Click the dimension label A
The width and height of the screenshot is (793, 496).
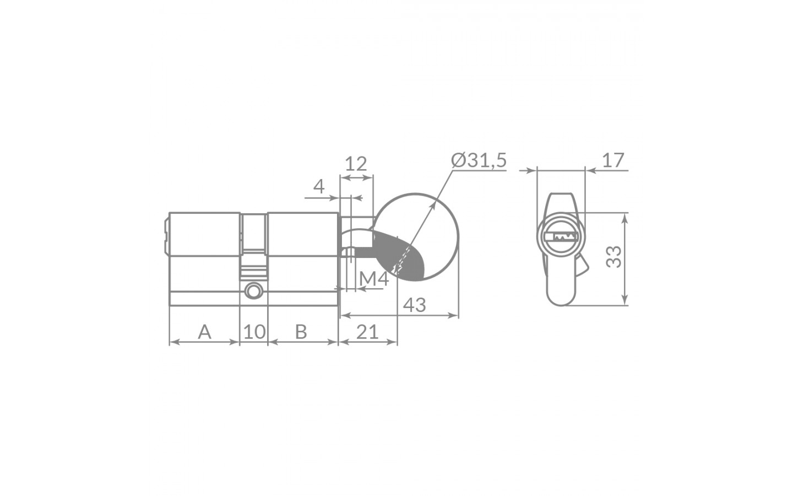205,332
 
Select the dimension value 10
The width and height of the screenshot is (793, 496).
254,332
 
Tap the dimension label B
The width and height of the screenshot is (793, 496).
301,332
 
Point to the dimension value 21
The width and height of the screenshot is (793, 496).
367,332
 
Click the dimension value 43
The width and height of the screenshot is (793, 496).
415,305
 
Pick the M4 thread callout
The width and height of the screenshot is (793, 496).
374,279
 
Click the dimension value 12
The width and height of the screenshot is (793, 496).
356,164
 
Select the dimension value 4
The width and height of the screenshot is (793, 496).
319,186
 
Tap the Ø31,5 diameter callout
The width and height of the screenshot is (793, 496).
479,160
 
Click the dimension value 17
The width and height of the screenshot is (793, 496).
613,160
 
